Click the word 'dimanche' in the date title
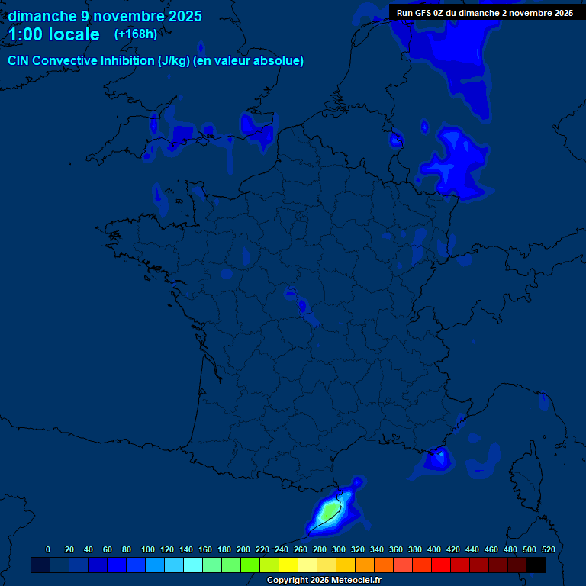41,16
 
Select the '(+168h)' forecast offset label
135,34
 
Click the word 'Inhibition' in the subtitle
127,61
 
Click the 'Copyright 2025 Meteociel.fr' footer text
324,580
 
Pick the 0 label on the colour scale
48,549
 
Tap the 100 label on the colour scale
147,549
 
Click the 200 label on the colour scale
243,549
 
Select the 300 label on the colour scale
338,549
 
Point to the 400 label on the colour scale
433,549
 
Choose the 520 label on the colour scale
548,549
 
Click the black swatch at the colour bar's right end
536,565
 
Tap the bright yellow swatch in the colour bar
288,565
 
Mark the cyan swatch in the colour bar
193,565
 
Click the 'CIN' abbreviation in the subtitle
19,61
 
